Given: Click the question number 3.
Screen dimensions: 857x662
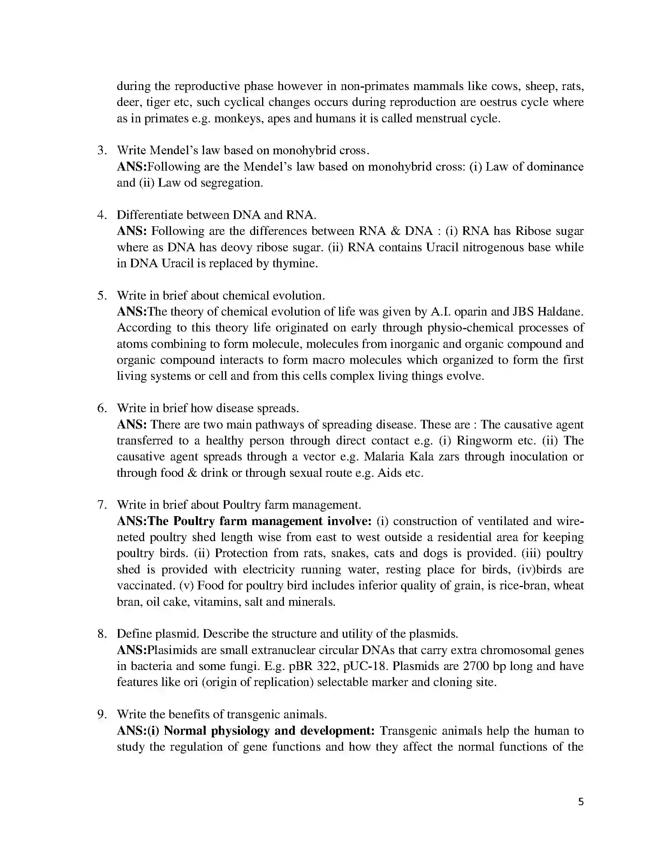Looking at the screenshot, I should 101,150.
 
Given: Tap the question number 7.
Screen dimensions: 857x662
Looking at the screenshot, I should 101,504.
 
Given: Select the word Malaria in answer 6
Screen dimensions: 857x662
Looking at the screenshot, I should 385,457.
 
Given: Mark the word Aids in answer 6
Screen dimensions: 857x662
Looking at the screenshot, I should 389,473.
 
